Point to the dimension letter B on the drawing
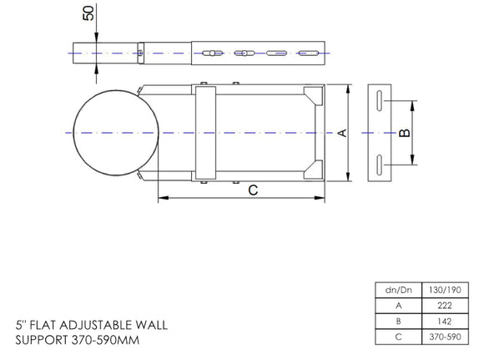tap(404, 132)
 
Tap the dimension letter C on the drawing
tap(253, 190)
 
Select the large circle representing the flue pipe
tap(115, 133)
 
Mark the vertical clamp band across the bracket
tap(205, 133)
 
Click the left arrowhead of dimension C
tap(161, 198)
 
